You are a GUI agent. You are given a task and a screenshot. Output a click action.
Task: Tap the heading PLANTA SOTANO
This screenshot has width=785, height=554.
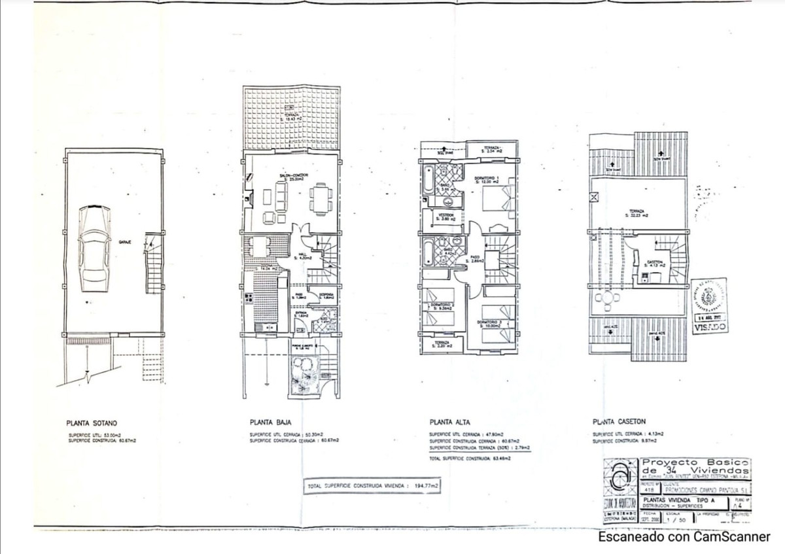coord(92,423)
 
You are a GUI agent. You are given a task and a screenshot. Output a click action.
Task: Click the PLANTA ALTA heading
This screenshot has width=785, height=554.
coord(450,423)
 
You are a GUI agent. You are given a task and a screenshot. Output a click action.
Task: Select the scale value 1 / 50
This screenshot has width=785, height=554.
coord(674,519)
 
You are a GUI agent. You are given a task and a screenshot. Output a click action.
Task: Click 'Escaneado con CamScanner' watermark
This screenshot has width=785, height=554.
coord(684,537)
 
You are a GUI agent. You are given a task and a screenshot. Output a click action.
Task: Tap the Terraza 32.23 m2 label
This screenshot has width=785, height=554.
coord(637,213)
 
